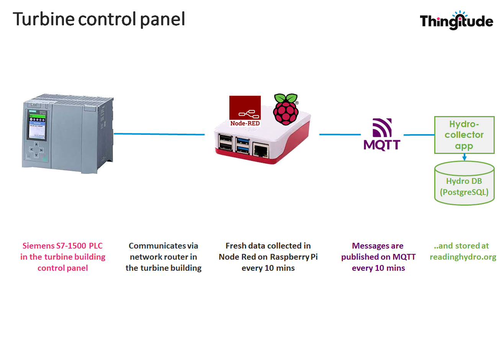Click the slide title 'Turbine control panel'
[x=99, y=19]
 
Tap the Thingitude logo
[x=456, y=21]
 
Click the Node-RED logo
[x=245, y=111]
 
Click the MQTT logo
[x=382, y=134]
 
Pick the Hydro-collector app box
[x=464, y=135]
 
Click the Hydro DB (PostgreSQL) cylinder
[x=464, y=184]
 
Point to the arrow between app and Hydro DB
[x=464, y=157]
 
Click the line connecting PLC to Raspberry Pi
[x=159, y=134]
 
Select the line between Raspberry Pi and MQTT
[x=340, y=134]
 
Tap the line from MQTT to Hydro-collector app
[x=419, y=135]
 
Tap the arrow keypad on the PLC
[x=36, y=150]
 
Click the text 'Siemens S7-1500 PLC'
[x=62, y=246]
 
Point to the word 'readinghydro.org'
[x=463, y=257]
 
